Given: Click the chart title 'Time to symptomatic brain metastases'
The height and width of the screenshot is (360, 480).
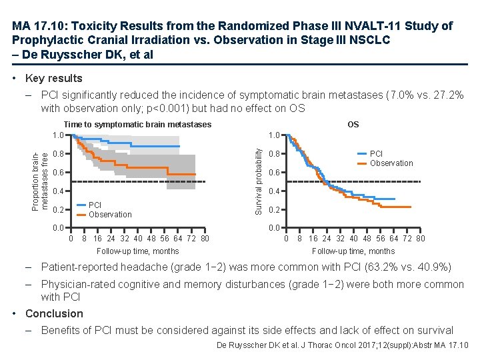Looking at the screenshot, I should (137, 125).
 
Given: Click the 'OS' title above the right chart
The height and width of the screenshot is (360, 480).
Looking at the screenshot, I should (353, 125).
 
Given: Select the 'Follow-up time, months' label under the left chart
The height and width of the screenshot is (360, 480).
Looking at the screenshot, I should (138, 251).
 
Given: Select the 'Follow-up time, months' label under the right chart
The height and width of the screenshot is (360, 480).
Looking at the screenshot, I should (353, 251).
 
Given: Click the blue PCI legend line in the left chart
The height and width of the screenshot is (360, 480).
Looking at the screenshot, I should (79, 205).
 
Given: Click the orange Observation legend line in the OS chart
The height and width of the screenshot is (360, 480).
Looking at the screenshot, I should (361, 163).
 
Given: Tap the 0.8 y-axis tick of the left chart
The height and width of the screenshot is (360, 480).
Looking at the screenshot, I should (58, 154).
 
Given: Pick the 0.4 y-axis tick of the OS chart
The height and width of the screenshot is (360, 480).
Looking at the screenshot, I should (273, 192).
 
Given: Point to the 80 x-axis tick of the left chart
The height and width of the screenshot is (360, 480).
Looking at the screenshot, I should (205, 239).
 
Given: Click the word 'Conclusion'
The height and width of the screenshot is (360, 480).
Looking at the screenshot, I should (54, 313).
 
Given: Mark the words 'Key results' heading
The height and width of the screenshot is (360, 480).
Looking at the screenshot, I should (53, 78).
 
